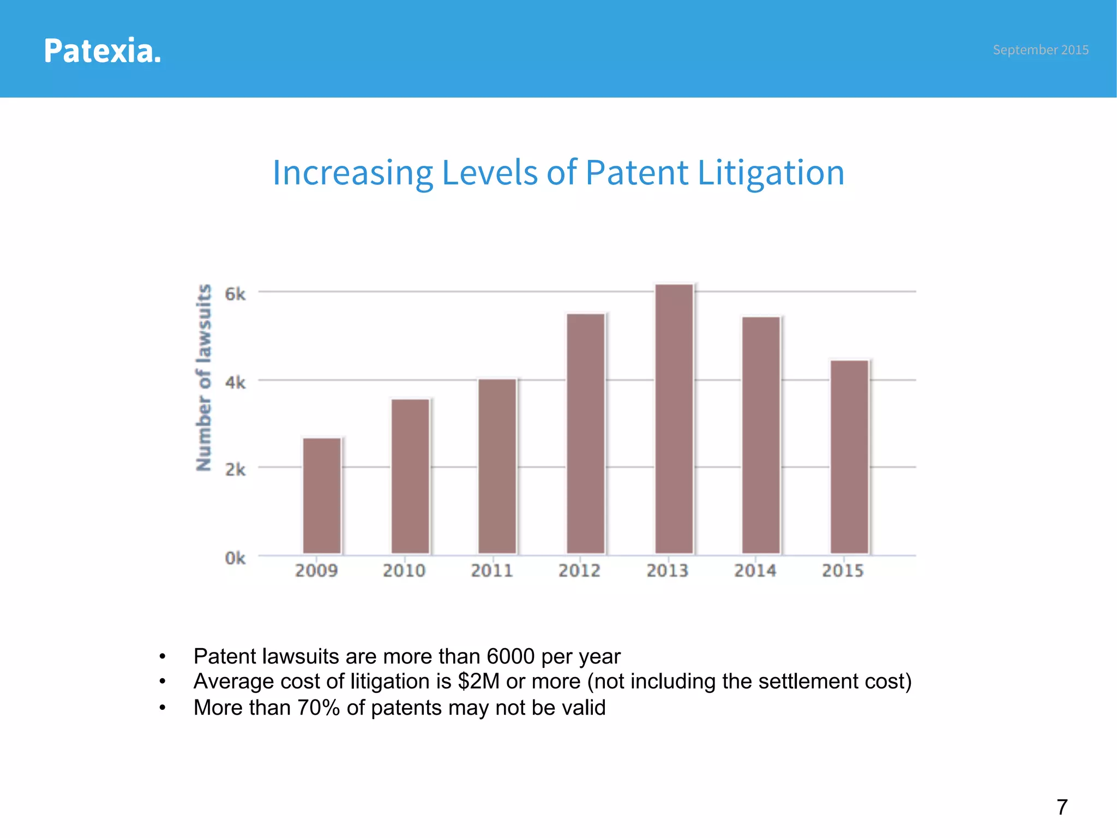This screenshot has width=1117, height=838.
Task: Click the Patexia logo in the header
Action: (x=103, y=51)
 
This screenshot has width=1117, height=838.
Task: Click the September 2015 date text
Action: (x=1040, y=50)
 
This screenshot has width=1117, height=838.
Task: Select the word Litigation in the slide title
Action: (x=771, y=172)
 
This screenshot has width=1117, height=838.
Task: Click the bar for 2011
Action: (x=497, y=466)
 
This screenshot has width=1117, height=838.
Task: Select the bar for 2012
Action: (x=585, y=433)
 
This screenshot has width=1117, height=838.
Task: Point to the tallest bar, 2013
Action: (x=674, y=418)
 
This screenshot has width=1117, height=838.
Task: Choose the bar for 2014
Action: (x=761, y=435)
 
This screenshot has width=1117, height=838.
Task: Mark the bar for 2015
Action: (x=849, y=457)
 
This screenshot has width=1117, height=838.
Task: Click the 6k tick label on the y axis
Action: (x=235, y=294)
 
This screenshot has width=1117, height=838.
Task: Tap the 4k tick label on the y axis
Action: (x=235, y=382)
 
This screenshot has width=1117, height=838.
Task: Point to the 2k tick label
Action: (x=235, y=469)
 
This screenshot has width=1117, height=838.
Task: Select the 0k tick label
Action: (x=235, y=558)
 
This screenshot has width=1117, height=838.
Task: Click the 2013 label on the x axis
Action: (x=667, y=571)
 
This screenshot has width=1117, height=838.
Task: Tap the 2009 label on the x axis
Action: (x=316, y=571)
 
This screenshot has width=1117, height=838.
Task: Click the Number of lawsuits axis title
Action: (x=203, y=378)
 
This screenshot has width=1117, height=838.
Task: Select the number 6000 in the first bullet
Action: (x=511, y=656)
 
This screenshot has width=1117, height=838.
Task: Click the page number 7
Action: (x=1061, y=807)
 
